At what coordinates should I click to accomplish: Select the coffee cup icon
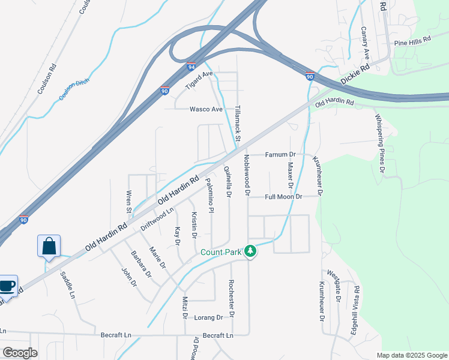pos(8,286)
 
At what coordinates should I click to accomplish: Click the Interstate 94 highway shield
pos(191,66)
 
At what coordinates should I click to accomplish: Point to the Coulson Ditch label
pos(74,90)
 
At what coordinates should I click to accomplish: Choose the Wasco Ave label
pos(206,109)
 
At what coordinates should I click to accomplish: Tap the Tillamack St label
pos(238,124)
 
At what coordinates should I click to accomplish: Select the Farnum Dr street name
pos(282,155)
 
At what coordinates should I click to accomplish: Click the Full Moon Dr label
pos(283,196)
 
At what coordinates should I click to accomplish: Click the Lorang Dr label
pos(209,317)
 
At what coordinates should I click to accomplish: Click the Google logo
pos(20,353)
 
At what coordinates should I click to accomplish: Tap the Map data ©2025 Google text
pos(411,355)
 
